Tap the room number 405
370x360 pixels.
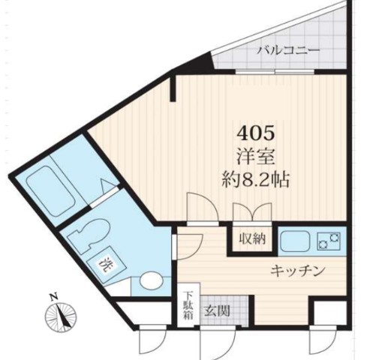257,134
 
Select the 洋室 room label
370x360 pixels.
257,157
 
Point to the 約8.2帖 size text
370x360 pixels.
257,181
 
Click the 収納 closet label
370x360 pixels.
251,239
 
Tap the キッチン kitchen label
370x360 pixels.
297,271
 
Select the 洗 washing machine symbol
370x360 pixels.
107,265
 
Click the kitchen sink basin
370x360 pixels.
295,241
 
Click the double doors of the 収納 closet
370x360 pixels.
251,219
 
